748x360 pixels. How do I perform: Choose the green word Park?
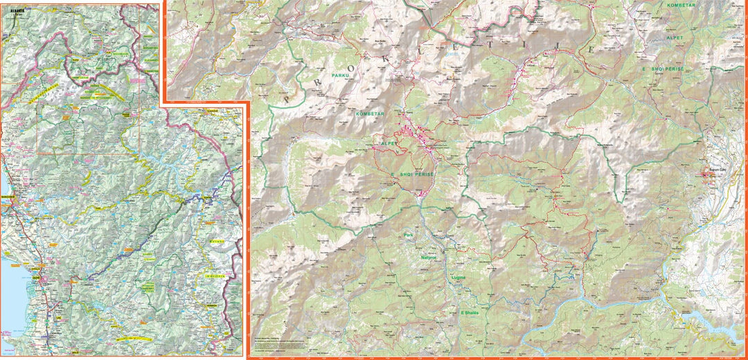409,235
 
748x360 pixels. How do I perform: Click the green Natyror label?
429,258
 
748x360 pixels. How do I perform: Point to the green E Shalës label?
470,313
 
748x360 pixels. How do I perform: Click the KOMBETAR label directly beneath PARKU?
368,113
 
